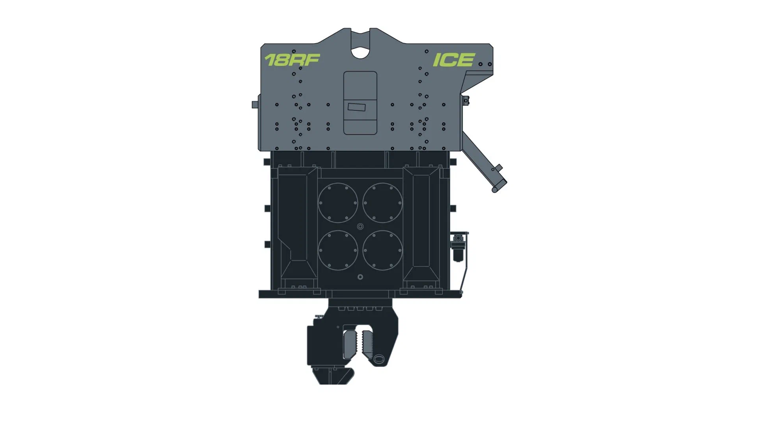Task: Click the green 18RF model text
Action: click(x=292, y=60)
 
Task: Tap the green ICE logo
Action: click(x=454, y=60)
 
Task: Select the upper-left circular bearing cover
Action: click(x=338, y=203)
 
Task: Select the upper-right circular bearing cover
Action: click(x=382, y=203)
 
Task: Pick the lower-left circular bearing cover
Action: click(x=338, y=250)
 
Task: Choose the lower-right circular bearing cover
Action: click(x=382, y=250)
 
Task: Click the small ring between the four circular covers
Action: click(x=360, y=226)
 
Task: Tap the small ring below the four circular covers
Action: click(x=360, y=277)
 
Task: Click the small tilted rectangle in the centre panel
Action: click(x=356, y=107)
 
